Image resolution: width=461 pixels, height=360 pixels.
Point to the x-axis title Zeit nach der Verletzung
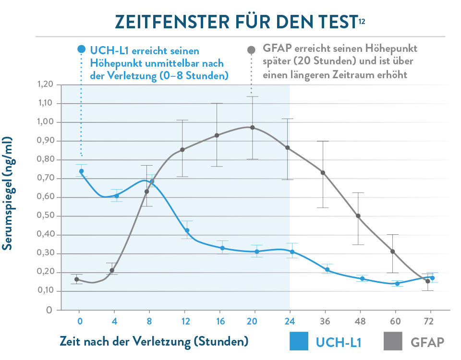154,341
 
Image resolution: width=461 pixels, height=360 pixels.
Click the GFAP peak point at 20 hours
253,128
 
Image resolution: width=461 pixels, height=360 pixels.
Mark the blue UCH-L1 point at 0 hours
81,171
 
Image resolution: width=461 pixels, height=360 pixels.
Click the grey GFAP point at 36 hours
323,173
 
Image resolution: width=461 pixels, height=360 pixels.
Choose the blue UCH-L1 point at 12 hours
187,230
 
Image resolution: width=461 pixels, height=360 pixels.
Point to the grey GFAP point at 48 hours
358,216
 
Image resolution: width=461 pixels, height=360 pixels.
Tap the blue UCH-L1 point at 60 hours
397,284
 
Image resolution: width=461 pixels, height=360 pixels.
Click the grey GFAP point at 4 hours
112,270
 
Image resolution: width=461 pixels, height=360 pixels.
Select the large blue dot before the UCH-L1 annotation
81,49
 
